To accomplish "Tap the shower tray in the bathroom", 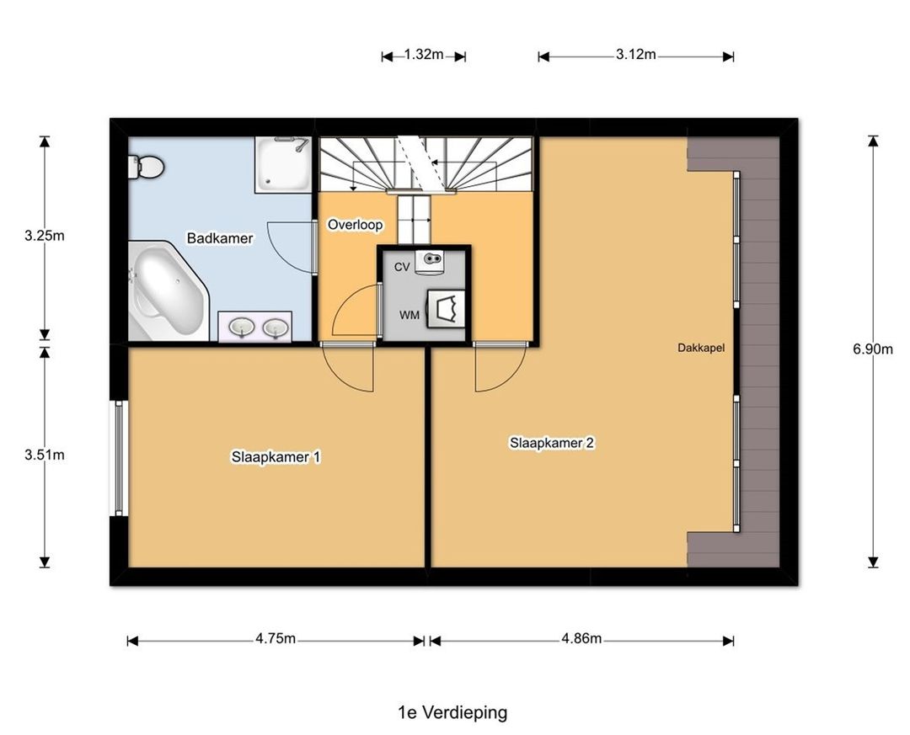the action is (x=283, y=165).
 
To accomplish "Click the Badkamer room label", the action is (x=219, y=238).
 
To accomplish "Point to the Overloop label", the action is (x=356, y=225).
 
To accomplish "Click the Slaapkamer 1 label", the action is (x=276, y=457).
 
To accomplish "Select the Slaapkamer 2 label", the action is (x=552, y=443).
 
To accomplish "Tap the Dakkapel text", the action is (x=701, y=348).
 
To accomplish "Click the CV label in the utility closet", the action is (x=402, y=267).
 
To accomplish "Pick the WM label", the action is (x=409, y=315).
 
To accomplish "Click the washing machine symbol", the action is (x=447, y=308).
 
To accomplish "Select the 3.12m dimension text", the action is (x=636, y=55).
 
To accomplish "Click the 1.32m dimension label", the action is (x=424, y=55).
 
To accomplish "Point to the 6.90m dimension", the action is (x=873, y=349).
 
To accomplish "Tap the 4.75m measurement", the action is (x=276, y=639).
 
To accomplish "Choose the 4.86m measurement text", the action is (x=581, y=639).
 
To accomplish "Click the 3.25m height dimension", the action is (x=44, y=236).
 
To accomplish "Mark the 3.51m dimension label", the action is (x=44, y=455).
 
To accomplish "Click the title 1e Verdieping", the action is (x=452, y=712).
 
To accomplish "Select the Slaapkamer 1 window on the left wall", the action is (x=119, y=458).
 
